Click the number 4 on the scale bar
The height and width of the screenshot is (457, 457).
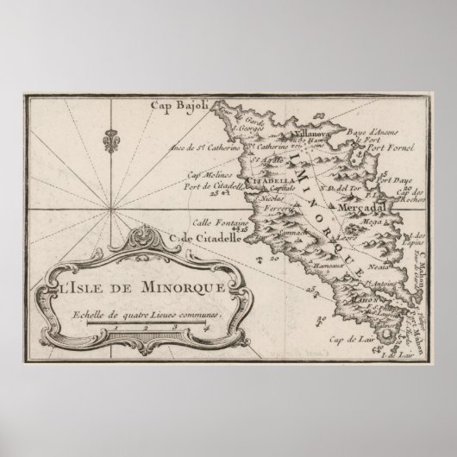point(201,327)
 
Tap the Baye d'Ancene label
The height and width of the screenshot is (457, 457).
point(358,131)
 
